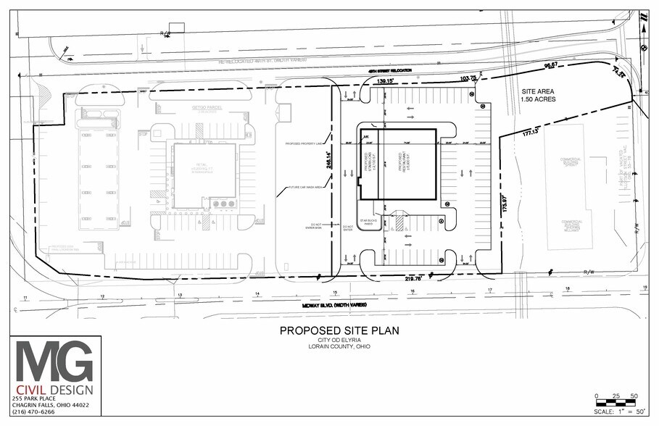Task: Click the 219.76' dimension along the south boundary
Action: coord(413,277)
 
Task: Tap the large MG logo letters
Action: coord(55,361)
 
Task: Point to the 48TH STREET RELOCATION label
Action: coord(391,70)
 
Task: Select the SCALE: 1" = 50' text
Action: coord(618,412)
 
